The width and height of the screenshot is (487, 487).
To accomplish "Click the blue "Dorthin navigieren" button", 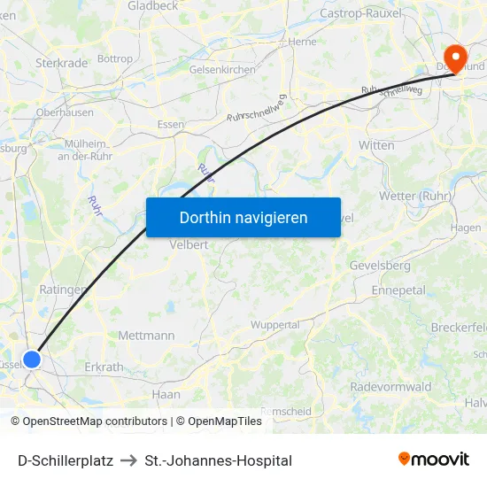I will pos(243,217).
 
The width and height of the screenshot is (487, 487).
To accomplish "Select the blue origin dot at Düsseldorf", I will pos(32,359).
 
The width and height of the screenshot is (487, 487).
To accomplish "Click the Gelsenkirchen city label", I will pos(222,69).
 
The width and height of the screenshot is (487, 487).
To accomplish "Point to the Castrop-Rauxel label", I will pos(360,13).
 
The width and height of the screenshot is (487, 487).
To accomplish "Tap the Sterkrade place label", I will pos(61,63).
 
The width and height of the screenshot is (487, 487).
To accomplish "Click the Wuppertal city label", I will pos(274,325).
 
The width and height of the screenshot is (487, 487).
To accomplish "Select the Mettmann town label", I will pos(146,336).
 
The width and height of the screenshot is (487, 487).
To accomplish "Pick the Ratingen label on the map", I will pos(63,290).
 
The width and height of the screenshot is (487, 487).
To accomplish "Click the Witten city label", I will pos(376,145).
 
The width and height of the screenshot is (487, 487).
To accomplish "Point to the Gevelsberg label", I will pos(380,266).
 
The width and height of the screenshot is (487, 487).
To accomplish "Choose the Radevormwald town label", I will pos(390,387).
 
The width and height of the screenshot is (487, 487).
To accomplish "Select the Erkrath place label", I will pos(104,367).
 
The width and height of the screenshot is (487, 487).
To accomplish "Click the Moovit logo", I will pos(434,460).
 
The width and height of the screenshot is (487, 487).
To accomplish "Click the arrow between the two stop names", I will pos(128,460).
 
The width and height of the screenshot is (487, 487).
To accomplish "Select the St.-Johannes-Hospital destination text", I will pos(218,460).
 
